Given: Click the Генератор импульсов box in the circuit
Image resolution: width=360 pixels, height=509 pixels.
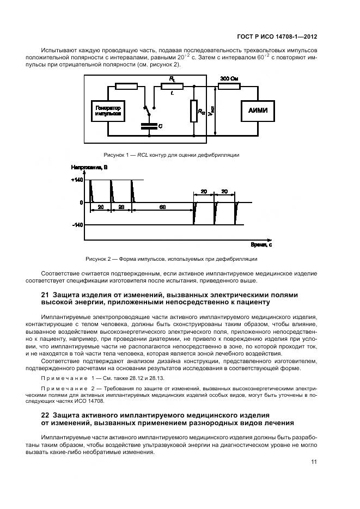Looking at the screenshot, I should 107,111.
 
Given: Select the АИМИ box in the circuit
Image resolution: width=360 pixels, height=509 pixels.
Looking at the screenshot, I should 258,112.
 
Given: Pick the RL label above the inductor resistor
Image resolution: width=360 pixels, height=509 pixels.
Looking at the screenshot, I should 172,79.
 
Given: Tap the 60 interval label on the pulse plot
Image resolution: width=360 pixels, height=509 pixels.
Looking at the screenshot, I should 163,207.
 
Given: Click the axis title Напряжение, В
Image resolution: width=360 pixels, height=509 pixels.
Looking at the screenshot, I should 89,167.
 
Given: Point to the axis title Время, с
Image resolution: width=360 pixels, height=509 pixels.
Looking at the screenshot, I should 261,244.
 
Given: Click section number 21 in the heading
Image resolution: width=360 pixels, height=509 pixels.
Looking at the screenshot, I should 46,295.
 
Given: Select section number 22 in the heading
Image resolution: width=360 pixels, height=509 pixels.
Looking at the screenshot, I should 46,415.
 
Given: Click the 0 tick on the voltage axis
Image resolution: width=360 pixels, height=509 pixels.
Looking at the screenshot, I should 81,203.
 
